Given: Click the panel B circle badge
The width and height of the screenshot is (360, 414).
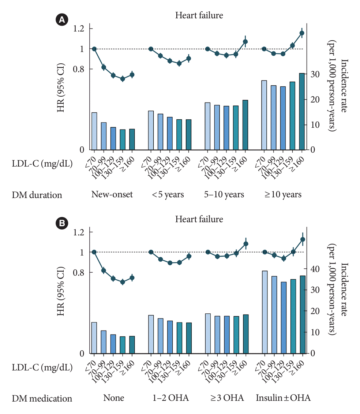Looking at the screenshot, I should [61, 223].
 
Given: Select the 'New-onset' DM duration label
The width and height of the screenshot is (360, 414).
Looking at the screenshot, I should [112, 194].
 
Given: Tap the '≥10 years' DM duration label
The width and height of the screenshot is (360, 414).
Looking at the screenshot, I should [283, 194].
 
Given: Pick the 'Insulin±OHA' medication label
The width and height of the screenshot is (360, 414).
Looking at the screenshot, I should [283, 398].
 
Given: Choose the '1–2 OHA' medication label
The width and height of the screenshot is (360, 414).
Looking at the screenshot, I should [170, 398].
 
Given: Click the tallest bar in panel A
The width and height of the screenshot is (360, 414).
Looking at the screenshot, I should [302, 112].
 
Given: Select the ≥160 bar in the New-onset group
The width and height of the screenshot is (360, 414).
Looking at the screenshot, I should [132, 139].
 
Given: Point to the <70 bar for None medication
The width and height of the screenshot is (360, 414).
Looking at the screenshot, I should [94, 337].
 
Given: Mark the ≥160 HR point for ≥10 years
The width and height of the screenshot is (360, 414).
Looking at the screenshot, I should [302, 33].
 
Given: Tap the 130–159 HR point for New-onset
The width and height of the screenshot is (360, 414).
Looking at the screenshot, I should [123, 79].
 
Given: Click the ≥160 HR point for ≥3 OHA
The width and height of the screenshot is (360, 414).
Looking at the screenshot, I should [246, 244].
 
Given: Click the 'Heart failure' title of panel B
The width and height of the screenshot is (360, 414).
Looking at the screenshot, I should [199, 219].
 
